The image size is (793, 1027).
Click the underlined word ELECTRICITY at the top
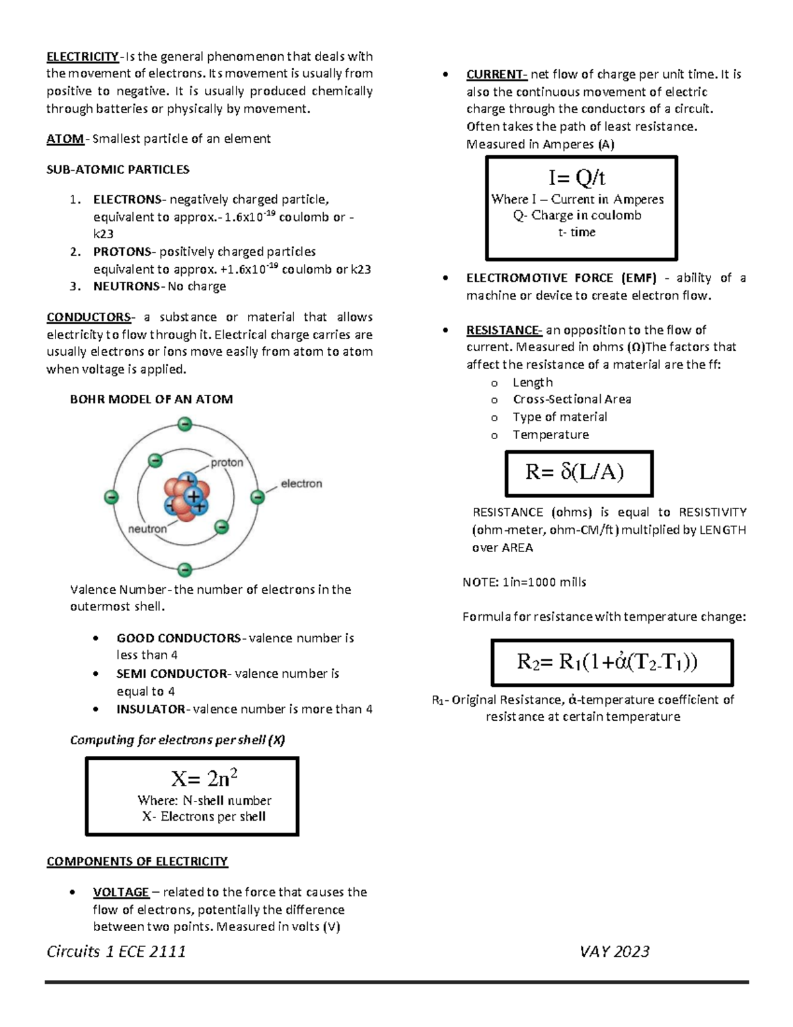(82, 56)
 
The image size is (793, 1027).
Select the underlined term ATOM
(65, 139)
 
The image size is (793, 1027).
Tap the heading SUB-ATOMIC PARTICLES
(118, 169)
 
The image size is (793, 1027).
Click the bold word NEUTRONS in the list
(126, 286)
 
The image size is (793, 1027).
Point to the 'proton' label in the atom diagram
(227, 462)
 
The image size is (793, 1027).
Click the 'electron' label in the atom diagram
(301, 483)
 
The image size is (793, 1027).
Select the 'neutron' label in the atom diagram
(147, 528)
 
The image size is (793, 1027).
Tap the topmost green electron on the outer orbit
(185, 424)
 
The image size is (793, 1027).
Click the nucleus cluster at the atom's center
(186, 497)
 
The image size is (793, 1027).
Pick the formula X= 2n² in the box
(204, 778)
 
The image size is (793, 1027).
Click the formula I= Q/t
(576, 177)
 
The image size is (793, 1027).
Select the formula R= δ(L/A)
(574, 472)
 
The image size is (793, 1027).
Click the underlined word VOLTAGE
(121, 892)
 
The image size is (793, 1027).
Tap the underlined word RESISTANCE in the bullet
(504, 330)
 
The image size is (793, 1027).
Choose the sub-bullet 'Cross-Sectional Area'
(572, 399)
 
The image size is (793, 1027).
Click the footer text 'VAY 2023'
(615, 951)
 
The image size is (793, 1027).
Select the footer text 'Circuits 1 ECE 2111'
(116, 951)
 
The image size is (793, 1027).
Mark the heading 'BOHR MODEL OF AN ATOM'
(151, 399)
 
